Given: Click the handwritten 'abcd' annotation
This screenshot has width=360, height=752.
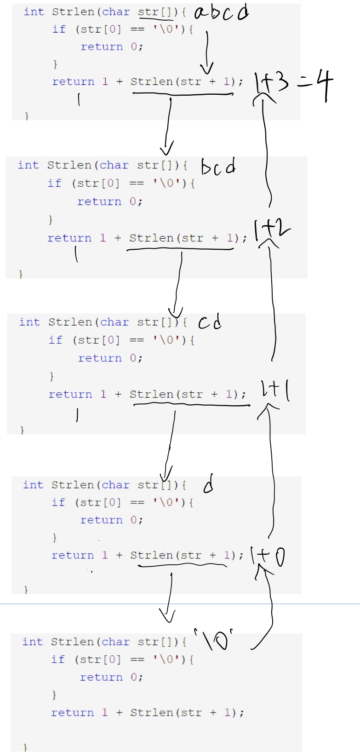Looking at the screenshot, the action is click(x=221, y=13).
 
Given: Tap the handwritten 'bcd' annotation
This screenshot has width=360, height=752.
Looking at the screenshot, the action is click(x=218, y=166).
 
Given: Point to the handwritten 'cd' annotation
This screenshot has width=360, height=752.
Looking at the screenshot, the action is click(x=210, y=322).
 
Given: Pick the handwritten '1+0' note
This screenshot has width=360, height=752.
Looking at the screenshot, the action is click(x=268, y=556).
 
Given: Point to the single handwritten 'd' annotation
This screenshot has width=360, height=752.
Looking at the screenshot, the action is click(x=208, y=484).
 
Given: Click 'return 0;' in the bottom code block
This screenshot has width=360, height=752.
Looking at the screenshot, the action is click(x=111, y=677).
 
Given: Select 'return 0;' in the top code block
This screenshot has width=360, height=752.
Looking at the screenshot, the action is click(x=112, y=47).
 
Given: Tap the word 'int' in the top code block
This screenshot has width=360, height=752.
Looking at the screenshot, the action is click(x=34, y=12).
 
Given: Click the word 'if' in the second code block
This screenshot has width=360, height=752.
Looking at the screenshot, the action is click(x=54, y=183).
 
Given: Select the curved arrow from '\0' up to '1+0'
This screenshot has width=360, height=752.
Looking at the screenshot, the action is click(x=267, y=607).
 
